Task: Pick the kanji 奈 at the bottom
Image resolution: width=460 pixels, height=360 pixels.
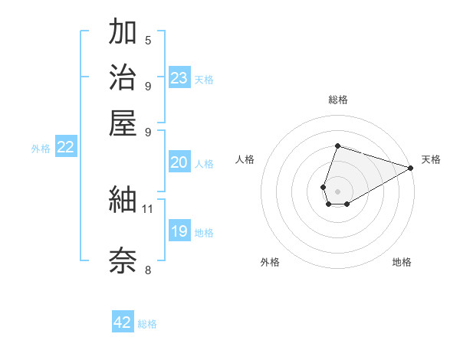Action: click(x=123, y=260)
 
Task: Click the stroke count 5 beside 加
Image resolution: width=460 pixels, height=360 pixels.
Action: click(x=147, y=41)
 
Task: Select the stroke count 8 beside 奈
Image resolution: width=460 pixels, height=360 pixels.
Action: click(x=147, y=270)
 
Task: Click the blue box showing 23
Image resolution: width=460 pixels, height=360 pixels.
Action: click(x=179, y=78)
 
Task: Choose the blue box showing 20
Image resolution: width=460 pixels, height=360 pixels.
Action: click(x=179, y=162)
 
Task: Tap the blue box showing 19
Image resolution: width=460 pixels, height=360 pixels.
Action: click(x=179, y=231)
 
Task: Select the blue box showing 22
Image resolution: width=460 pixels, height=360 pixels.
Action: click(x=65, y=148)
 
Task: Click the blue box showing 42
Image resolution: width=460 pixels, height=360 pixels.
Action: click(x=123, y=322)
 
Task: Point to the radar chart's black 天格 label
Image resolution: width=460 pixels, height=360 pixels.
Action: click(x=431, y=159)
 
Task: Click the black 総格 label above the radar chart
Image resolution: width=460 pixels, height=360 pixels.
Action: click(x=338, y=100)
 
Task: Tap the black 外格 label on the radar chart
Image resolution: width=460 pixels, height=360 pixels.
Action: click(x=270, y=262)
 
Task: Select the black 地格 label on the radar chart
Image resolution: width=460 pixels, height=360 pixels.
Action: click(x=402, y=262)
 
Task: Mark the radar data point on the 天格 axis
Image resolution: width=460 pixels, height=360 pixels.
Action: click(x=410, y=168)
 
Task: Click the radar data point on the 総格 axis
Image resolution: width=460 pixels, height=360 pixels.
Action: click(x=337, y=146)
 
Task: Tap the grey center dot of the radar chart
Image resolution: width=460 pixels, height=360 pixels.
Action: click(x=337, y=190)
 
